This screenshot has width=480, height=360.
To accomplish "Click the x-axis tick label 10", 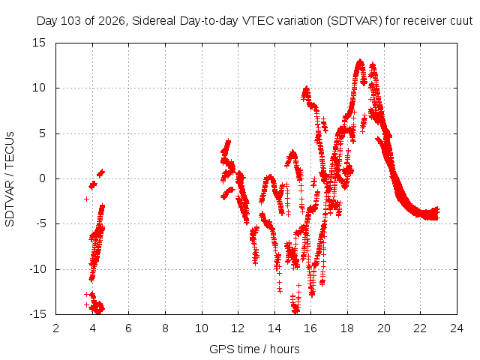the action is [202, 328].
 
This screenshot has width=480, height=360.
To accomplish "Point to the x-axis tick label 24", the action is [457, 328].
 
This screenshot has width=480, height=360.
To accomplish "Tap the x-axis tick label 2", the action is [55, 328].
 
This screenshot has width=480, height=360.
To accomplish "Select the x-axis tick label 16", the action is [310, 328].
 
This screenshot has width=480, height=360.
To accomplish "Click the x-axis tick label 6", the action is [128, 328].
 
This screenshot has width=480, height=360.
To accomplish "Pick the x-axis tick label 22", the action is [420, 328].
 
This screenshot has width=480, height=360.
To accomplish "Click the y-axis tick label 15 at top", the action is [39, 43].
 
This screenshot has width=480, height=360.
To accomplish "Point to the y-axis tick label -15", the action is [37, 314].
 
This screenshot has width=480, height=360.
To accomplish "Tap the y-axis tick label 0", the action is [42, 178].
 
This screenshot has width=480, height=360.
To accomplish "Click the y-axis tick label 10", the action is [39, 88].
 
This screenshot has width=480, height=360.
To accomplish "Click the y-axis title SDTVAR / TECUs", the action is [10, 179].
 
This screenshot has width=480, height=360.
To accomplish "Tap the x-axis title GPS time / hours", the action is [254, 349].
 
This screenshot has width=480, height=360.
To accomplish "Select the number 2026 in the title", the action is [112, 21].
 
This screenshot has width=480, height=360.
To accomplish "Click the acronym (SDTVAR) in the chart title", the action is [355, 21].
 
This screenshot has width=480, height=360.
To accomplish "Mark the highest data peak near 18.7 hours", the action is [360, 61].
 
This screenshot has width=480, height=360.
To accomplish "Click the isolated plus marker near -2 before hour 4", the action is [87, 199].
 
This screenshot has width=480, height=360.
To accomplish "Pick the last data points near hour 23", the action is [437, 213].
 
